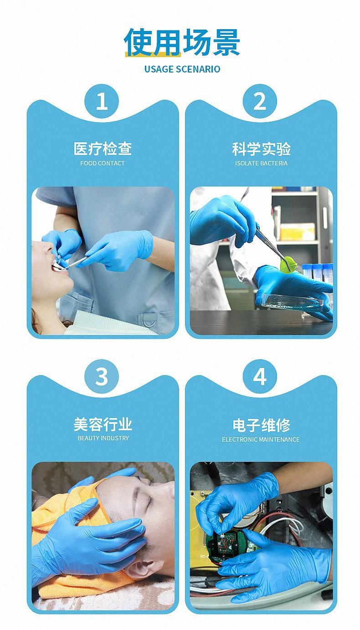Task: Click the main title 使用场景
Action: [x=182, y=42]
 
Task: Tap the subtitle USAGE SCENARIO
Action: [x=182, y=69]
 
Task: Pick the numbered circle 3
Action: [x=102, y=377]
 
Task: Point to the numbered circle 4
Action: [x=260, y=377]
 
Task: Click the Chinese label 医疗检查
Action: [x=103, y=149]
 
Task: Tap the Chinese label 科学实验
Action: [x=261, y=149]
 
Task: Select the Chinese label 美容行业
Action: [x=103, y=424]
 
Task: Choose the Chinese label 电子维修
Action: [x=261, y=425]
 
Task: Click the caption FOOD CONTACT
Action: [x=103, y=163]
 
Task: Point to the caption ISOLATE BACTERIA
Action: [x=261, y=163]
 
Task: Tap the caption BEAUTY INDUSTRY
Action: [x=103, y=438]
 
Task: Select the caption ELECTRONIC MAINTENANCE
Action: [x=261, y=439]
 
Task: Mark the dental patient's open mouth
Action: [x=57, y=265]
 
